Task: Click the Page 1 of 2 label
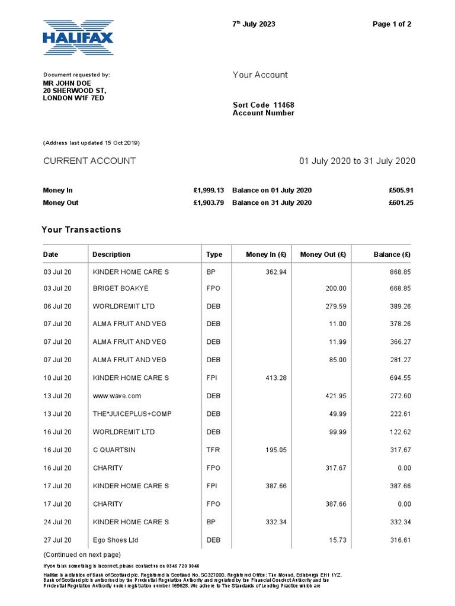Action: [x=392, y=24]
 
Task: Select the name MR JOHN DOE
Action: [x=67, y=83]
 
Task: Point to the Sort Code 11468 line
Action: [x=263, y=105]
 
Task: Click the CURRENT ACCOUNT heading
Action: [x=89, y=161]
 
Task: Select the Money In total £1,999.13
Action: [x=209, y=191]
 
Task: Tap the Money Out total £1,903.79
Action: [x=209, y=202]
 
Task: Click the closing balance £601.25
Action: [x=400, y=202]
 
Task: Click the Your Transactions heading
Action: [x=81, y=230]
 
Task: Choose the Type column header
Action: [x=214, y=254]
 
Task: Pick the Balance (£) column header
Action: [x=392, y=254]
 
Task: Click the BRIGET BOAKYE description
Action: [x=121, y=288]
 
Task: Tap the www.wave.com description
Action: [x=117, y=396]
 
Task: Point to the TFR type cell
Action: [x=213, y=450]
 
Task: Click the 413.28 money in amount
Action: [x=274, y=378]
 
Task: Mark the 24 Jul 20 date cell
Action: [x=57, y=522]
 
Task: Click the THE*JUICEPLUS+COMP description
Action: [x=132, y=414]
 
